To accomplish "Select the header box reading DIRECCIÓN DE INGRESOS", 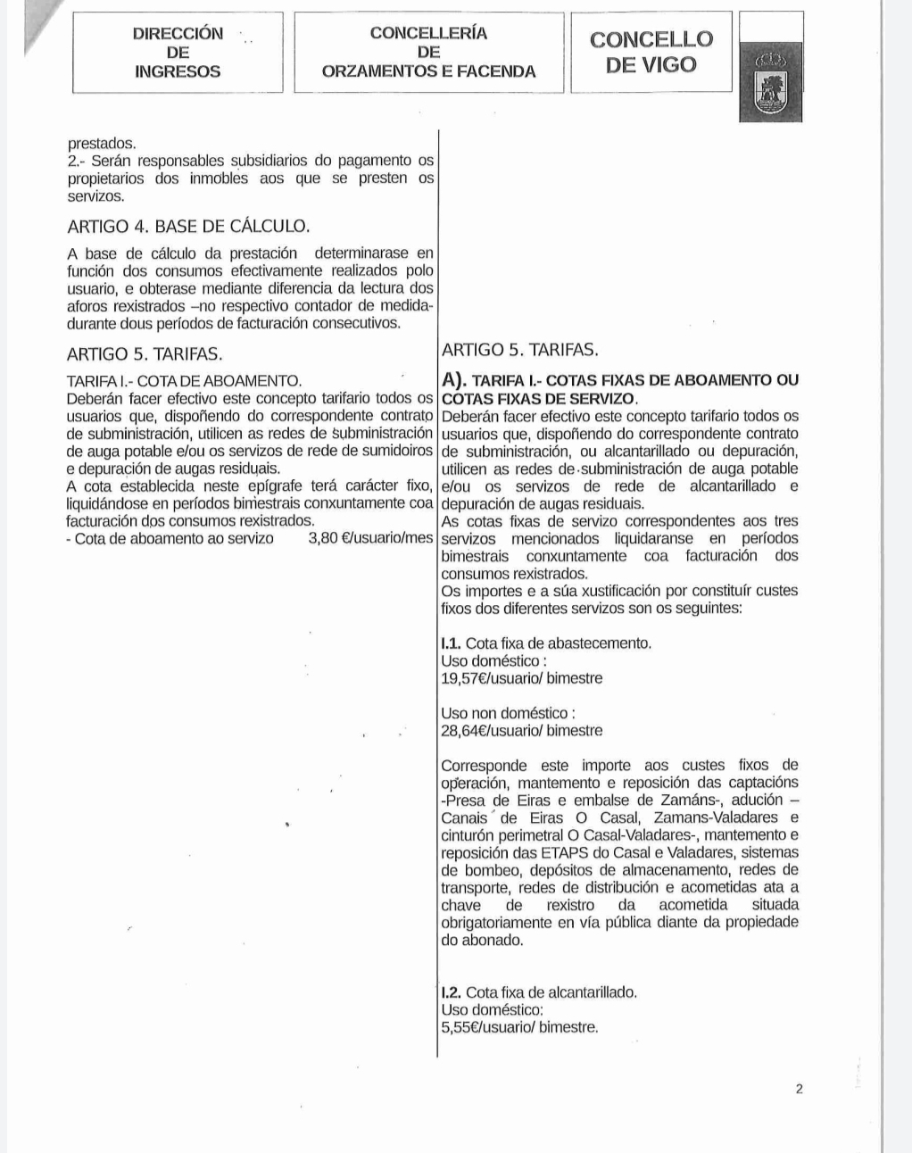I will pos(178,53).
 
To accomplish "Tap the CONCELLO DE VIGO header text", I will pos(651,52).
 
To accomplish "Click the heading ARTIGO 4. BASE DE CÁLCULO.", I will pos(188,227).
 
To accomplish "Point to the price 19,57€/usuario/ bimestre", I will pos(522,678).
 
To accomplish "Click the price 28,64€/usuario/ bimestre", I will pos(522,731).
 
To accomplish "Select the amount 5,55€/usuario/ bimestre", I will pos(519,1027).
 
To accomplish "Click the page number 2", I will pos(799,1089).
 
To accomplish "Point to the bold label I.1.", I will pos(452,643).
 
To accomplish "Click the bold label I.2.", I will pos(452,992).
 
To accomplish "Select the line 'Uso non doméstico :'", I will pos(508,713).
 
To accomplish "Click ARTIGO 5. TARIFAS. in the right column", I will pos(519,350).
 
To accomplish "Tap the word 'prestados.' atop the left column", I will pos(102,144).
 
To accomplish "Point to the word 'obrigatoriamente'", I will pos(498,923).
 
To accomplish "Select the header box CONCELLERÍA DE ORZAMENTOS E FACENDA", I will pos(428,53).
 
